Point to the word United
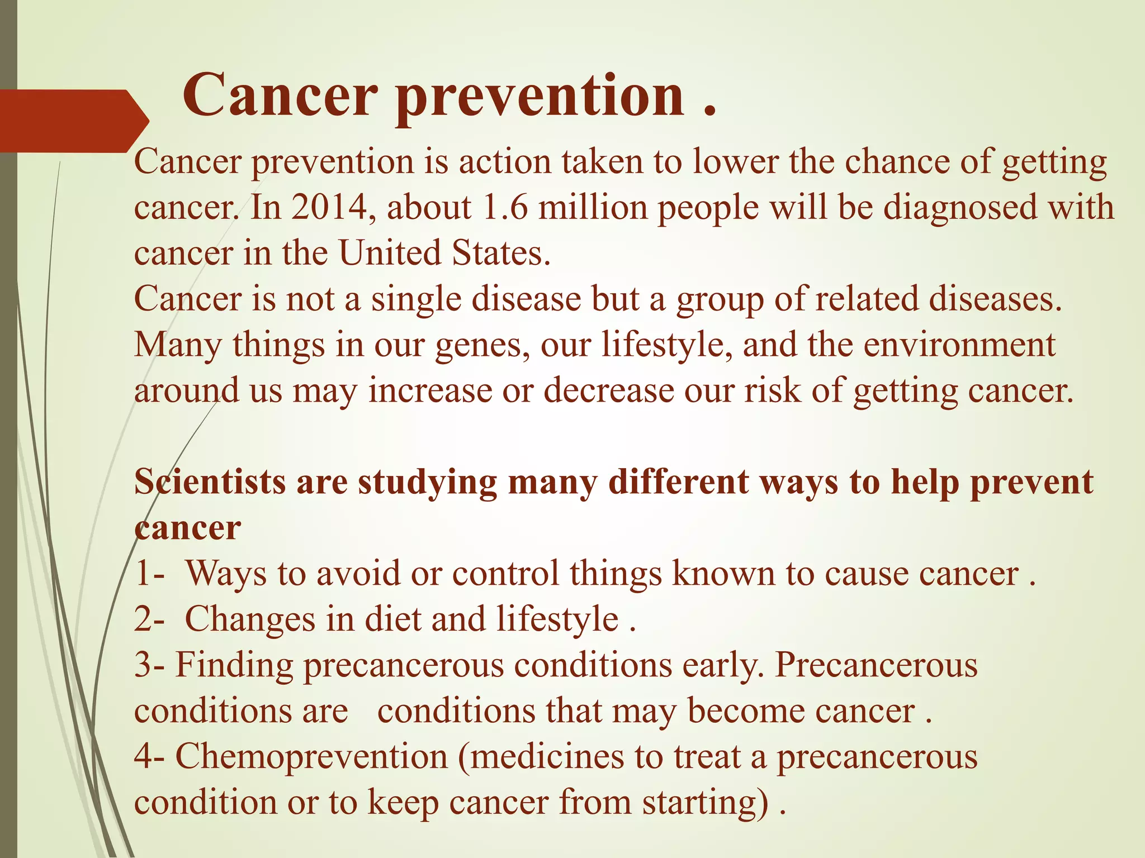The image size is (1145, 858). [390, 253]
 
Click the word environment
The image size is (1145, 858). [959, 345]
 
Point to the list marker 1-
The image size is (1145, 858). [149, 574]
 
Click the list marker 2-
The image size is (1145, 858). [149, 619]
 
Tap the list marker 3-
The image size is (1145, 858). [149, 665]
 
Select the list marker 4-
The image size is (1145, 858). [149, 757]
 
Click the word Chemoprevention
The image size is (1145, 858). [311, 757]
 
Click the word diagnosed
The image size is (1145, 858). [940, 208]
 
